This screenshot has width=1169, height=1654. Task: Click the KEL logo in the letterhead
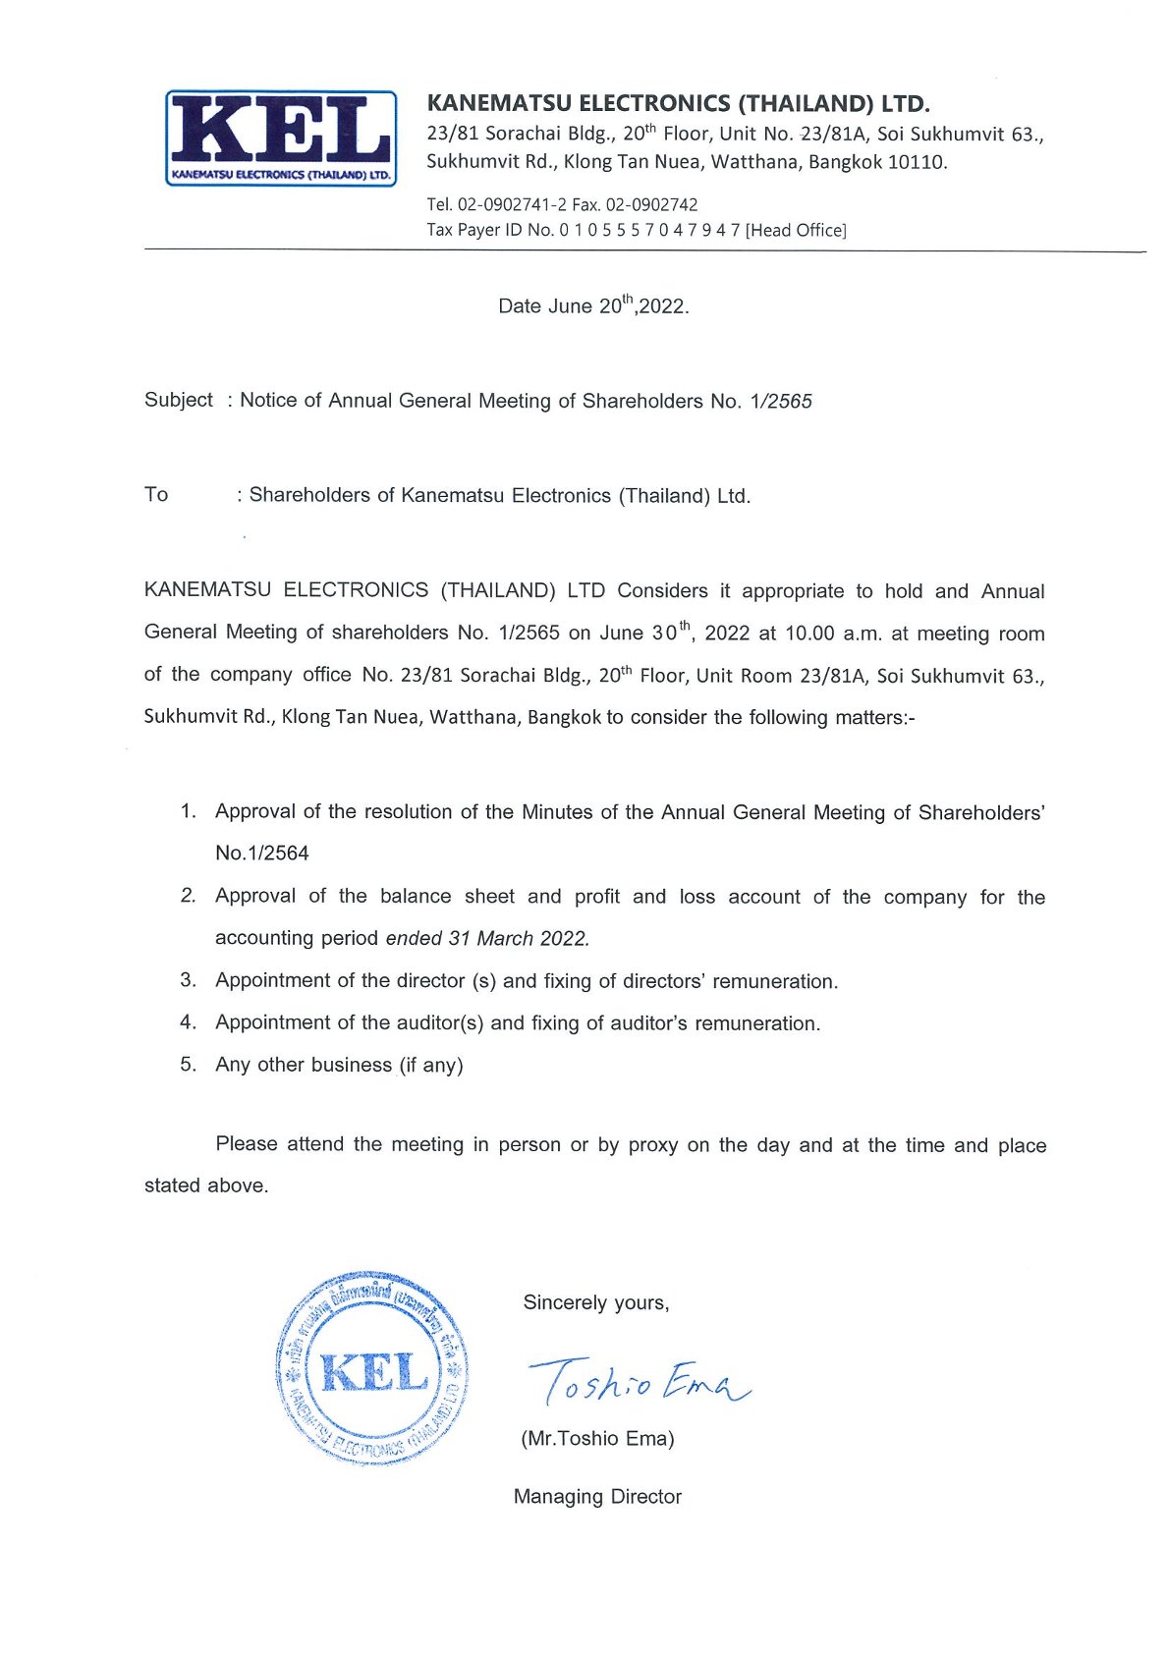point(281,138)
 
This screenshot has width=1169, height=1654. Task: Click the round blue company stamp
point(372,1368)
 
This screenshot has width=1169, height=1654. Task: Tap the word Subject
point(178,400)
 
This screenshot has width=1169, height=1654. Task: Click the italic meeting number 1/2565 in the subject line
point(780,401)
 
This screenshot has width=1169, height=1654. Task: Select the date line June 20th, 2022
point(593,305)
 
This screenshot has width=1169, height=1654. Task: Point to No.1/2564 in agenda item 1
point(262,854)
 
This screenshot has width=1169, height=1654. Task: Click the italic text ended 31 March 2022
point(487,938)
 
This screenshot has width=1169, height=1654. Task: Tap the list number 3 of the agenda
point(188,980)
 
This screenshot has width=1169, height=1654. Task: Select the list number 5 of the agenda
point(188,1065)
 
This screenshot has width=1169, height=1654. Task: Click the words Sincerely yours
point(595,1303)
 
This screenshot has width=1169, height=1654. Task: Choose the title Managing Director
point(597,1497)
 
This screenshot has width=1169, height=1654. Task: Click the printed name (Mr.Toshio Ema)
point(597,1439)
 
